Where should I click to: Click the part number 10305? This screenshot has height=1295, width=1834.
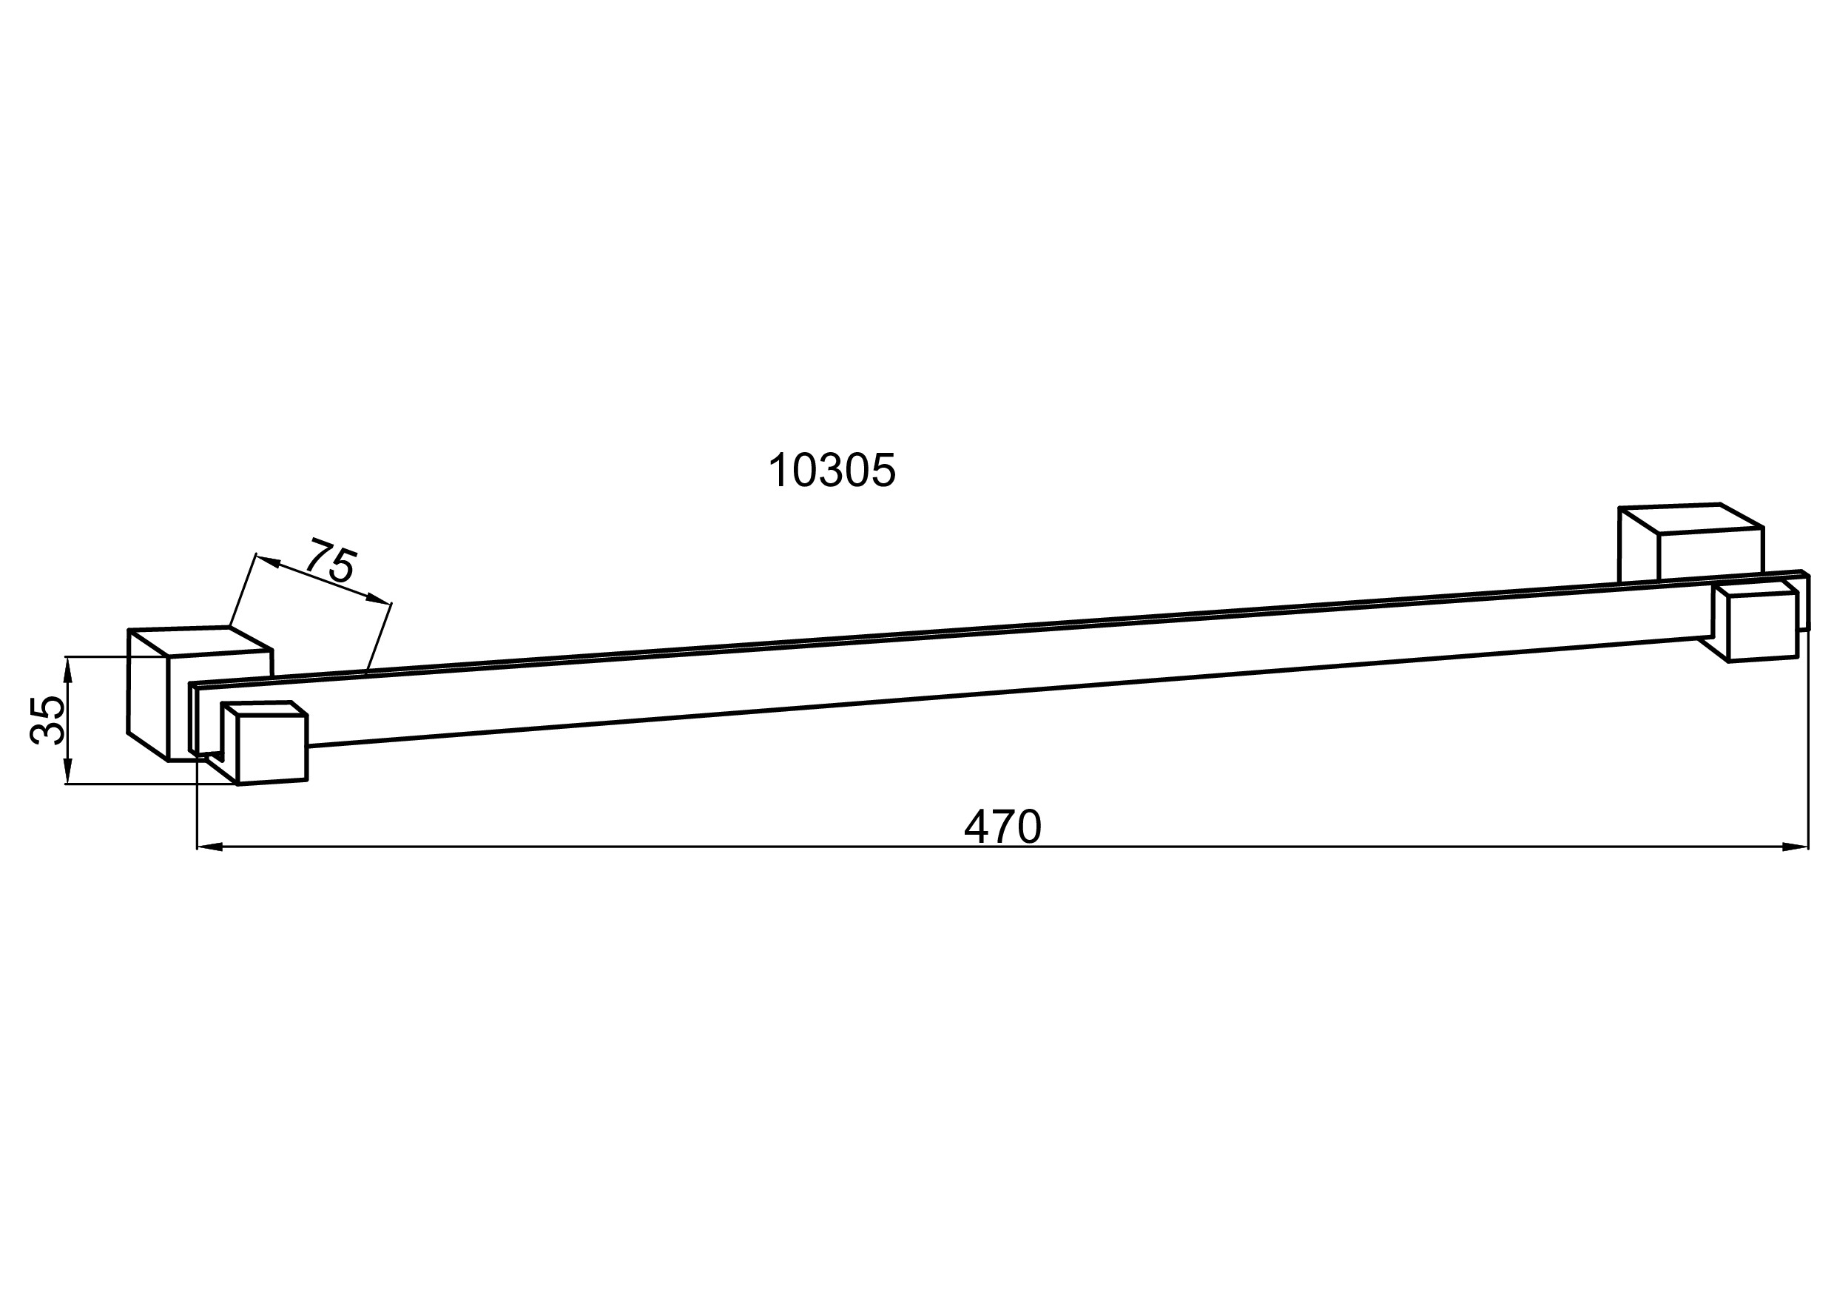pos(832,470)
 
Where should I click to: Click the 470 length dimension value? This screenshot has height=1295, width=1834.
pos(1003,826)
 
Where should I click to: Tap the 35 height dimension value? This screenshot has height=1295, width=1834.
pos(47,720)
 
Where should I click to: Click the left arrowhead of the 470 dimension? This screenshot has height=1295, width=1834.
pos(210,847)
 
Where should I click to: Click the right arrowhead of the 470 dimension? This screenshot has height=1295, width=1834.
pos(1795,847)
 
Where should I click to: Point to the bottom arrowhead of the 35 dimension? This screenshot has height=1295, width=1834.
pos(68,771)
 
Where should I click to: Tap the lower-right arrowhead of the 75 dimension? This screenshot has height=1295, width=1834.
pos(379,599)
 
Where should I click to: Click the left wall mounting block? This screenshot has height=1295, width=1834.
pos(200,693)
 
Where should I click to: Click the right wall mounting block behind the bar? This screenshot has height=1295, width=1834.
pos(1690,544)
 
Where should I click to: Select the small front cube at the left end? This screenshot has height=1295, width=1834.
pos(265,742)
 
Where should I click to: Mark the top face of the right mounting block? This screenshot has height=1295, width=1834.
pos(1690,519)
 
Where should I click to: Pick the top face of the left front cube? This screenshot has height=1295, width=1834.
pos(265,710)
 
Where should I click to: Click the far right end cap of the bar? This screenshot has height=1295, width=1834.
pos(1805,601)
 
